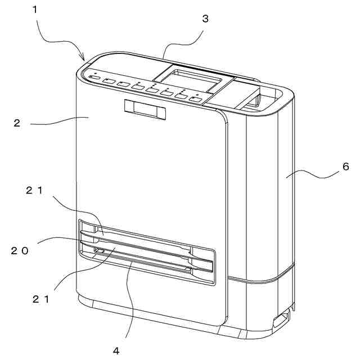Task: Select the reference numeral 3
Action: (205, 19)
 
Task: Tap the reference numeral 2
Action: (17, 123)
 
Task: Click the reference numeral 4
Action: (116, 350)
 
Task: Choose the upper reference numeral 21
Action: (34, 190)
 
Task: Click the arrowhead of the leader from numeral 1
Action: (83, 59)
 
